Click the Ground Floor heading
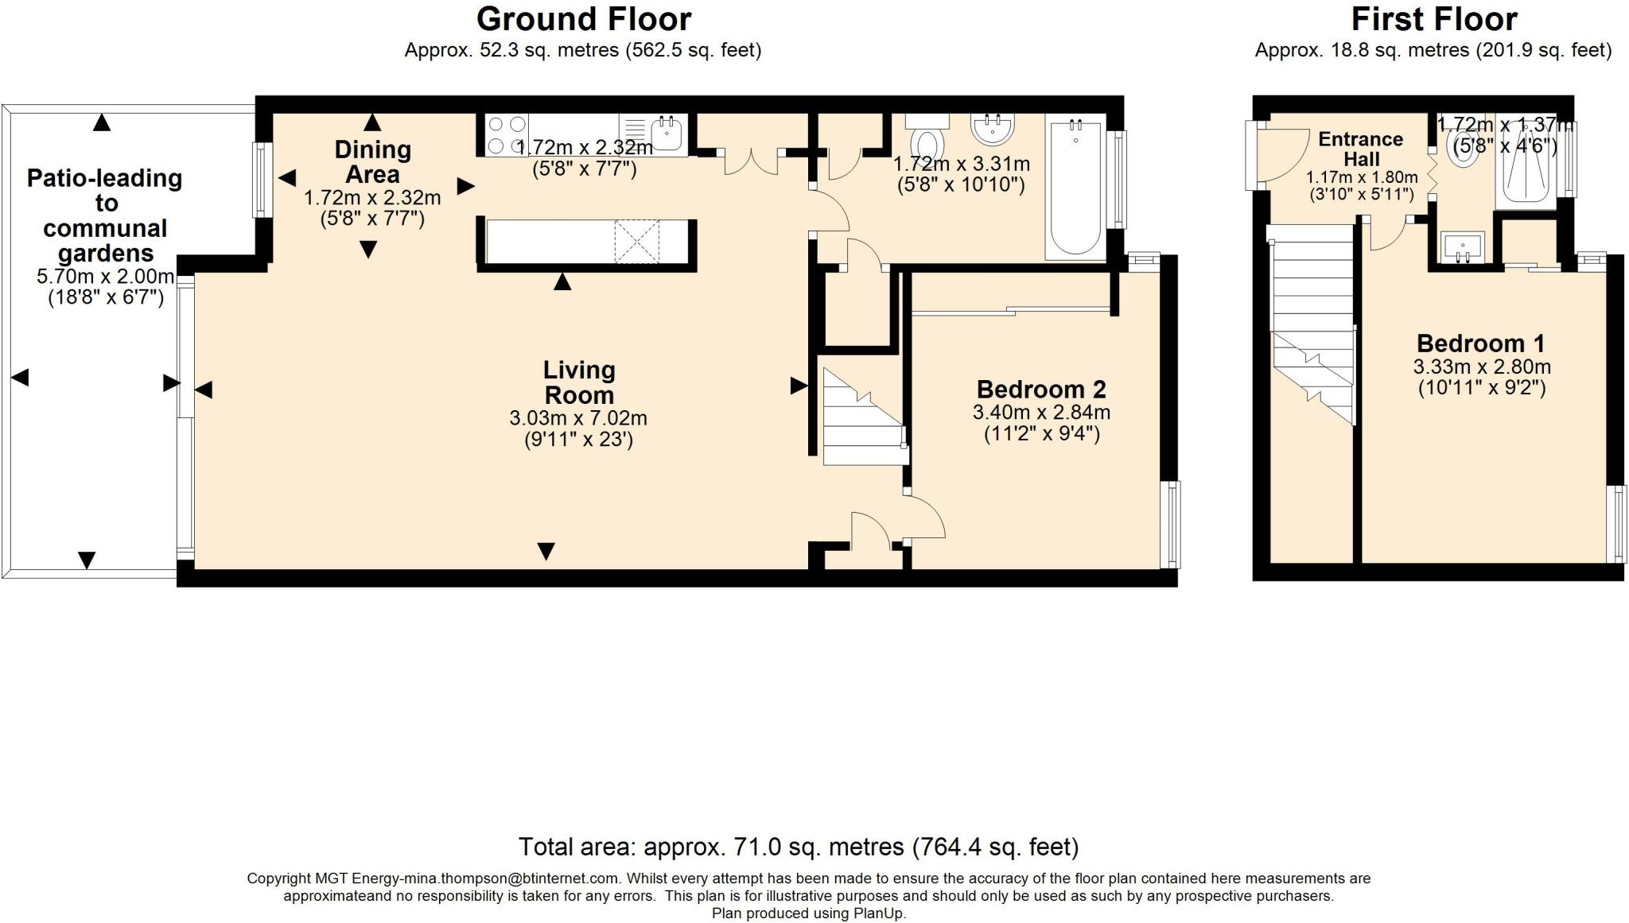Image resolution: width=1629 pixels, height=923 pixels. (584, 18)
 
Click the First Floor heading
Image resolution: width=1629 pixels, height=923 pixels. (1434, 18)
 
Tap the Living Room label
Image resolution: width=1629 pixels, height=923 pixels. (579, 382)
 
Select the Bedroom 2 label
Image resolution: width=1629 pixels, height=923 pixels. (1041, 390)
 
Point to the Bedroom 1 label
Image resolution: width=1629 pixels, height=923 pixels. (1481, 343)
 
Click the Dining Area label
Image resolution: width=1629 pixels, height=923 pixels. (372, 161)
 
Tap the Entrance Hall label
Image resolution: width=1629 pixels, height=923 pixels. (1361, 149)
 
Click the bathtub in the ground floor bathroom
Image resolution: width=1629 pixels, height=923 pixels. (1075, 188)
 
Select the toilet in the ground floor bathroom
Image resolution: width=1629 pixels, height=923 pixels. (927, 138)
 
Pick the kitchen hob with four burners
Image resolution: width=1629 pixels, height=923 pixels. (507, 135)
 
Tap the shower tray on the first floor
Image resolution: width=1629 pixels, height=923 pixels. (1525, 162)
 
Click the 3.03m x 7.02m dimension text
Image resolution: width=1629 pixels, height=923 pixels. (578, 418)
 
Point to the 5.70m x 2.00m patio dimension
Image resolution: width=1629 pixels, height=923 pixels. (105, 277)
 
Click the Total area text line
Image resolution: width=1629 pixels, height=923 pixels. (799, 847)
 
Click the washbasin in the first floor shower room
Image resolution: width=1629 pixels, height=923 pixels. (1463, 246)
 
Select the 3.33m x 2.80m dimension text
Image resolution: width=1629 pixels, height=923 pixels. (1482, 367)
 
